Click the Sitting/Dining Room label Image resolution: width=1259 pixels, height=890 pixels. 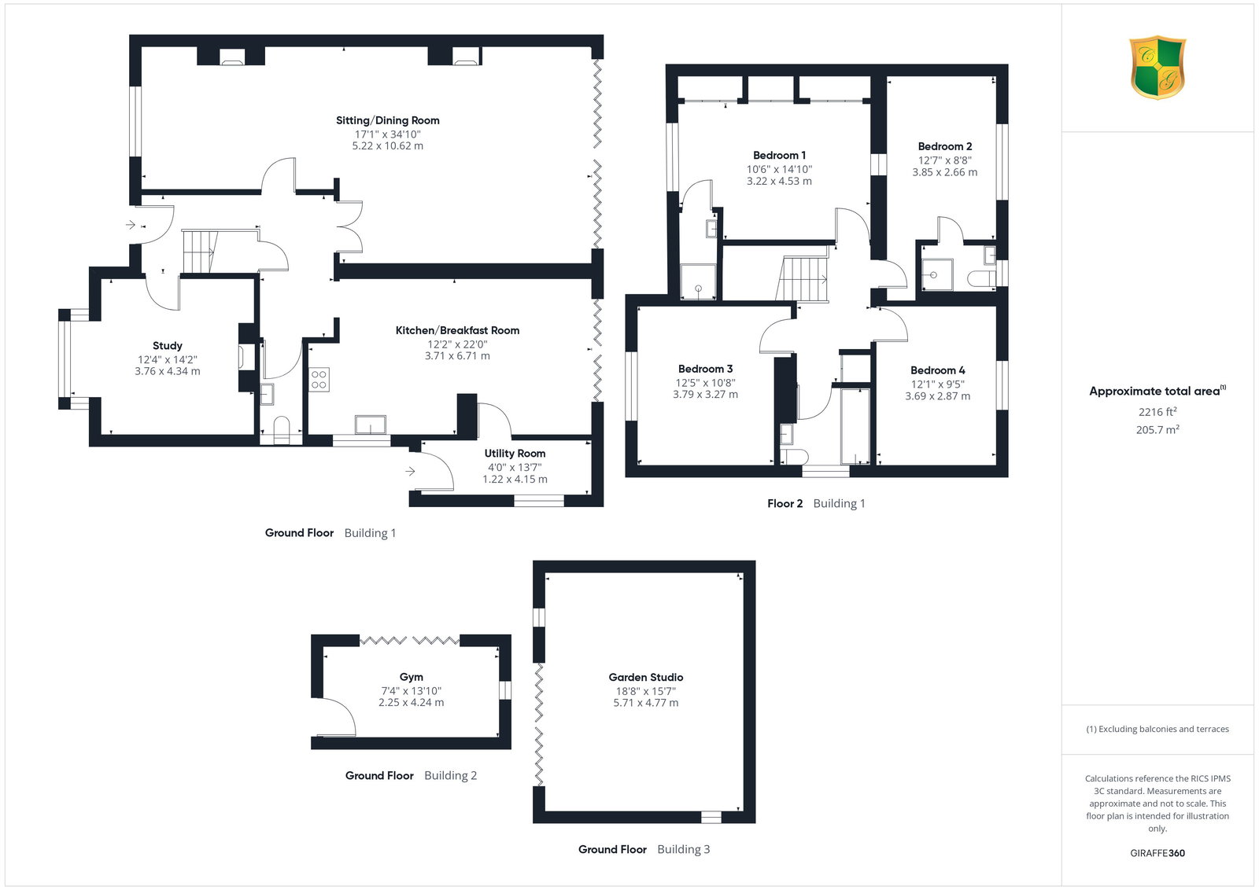(387, 120)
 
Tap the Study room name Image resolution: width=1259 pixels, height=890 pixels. (167, 346)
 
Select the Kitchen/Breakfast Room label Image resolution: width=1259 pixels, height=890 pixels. (457, 330)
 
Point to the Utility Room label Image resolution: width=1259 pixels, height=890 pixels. (515, 453)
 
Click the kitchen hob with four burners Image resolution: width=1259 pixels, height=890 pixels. (319, 380)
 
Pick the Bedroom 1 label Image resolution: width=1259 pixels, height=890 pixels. (779, 155)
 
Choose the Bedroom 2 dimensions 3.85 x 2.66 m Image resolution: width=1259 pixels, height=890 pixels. (944, 172)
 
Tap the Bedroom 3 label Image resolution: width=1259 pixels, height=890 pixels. (705, 369)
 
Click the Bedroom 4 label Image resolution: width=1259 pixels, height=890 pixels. (937, 370)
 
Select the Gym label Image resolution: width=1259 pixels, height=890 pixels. (411, 677)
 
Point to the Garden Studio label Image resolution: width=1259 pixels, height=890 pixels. (645, 677)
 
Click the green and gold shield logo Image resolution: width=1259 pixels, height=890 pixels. (1157, 68)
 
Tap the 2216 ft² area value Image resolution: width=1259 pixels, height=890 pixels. (1157, 412)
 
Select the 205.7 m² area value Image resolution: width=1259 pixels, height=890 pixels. (1157, 429)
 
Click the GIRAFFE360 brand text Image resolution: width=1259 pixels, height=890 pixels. (1157, 853)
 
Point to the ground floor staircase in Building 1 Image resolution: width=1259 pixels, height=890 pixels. (201, 252)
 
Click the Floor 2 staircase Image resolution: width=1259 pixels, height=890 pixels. (802, 279)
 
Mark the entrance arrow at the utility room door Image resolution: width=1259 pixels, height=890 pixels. (410, 471)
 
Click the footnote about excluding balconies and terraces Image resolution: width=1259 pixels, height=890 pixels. (1157, 729)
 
